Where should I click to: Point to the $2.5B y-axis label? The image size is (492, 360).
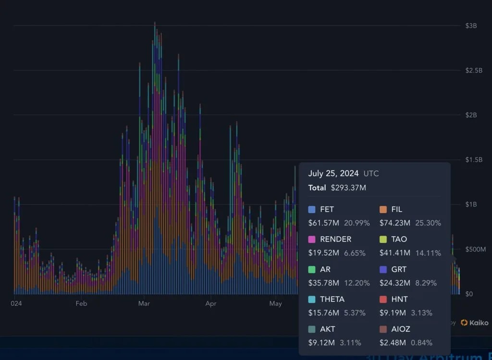[473, 71]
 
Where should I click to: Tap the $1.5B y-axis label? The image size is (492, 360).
[473, 160]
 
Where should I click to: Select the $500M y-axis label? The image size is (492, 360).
[475, 249]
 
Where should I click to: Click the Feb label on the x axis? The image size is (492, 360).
[81, 303]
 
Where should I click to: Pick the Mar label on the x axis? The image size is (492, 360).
[144, 303]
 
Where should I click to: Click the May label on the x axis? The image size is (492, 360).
[275, 303]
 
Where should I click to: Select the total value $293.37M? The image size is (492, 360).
[348, 188]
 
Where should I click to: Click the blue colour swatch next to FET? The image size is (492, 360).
[312, 209]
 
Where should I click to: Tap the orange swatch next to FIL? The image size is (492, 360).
[383, 209]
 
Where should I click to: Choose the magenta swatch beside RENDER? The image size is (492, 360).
[312, 239]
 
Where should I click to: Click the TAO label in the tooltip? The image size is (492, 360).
[399, 239]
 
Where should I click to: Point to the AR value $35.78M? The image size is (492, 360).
[323, 283]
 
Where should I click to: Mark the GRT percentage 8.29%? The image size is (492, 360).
[423, 283]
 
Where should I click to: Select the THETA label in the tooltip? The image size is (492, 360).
[332, 299]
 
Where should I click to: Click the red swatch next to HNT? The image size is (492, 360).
[383, 299]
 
